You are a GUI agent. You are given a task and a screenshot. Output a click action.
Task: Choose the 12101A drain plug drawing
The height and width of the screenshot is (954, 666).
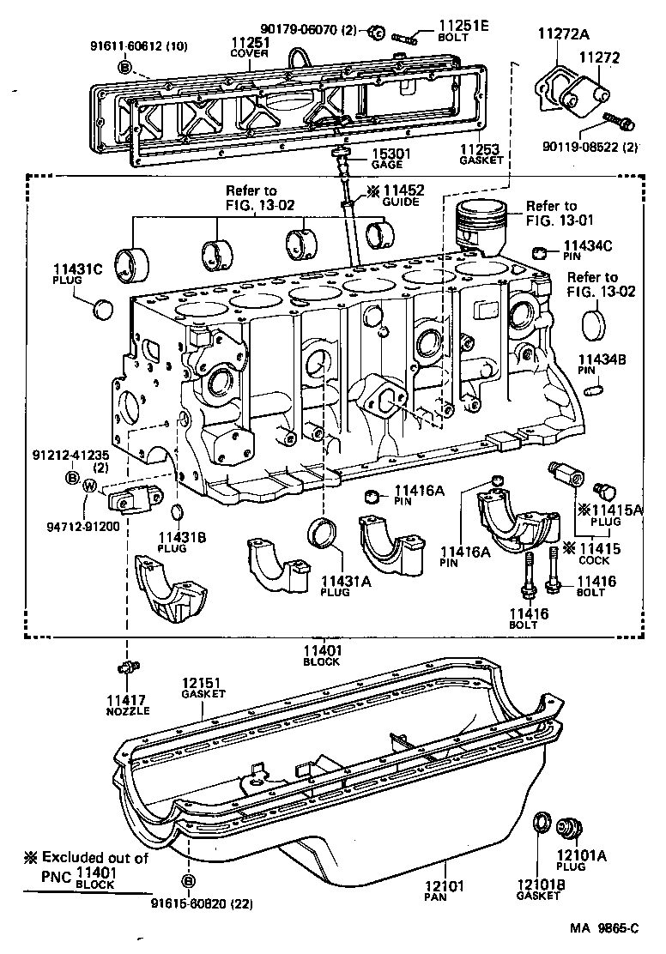tap(569, 827)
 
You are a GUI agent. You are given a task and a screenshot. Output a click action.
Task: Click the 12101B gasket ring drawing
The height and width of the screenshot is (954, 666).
tap(542, 823)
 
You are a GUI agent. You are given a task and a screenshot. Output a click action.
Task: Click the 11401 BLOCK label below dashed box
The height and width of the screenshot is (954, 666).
tap(321, 655)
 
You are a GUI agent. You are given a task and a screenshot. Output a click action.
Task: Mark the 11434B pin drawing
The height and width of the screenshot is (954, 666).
tap(589, 390)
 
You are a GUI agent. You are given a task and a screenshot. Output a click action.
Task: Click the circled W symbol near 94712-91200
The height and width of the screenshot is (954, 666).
tap(89, 486)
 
